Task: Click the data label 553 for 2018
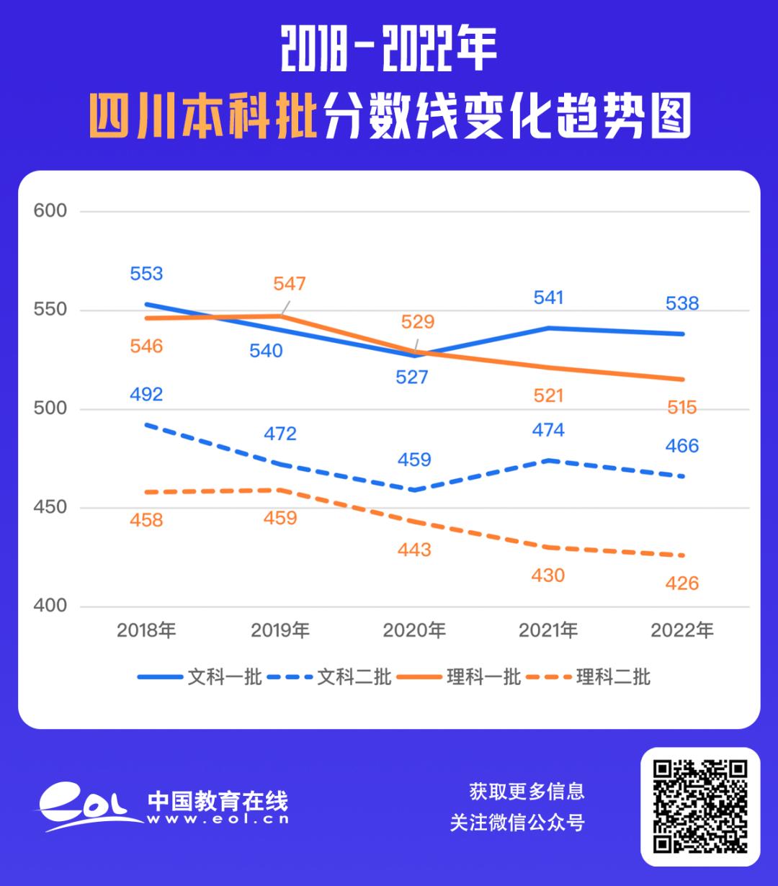tap(146, 274)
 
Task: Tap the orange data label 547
tap(290, 284)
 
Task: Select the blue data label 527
tap(412, 377)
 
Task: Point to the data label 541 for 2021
tap(548, 297)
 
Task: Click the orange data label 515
tap(682, 408)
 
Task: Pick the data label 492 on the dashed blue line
tap(146, 394)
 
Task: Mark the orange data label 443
tap(414, 550)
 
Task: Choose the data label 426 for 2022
tap(682, 583)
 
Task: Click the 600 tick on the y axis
tap(50, 211)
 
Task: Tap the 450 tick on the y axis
tap(50, 507)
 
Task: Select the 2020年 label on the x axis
tap(414, 631)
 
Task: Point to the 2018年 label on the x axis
tap(146, 631)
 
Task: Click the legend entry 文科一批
tap(200, 677)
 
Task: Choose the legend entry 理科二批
tap(589, 677)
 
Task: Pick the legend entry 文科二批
tap(329, 677)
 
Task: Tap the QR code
tap(700, 806)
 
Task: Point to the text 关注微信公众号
tap(517, 823)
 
